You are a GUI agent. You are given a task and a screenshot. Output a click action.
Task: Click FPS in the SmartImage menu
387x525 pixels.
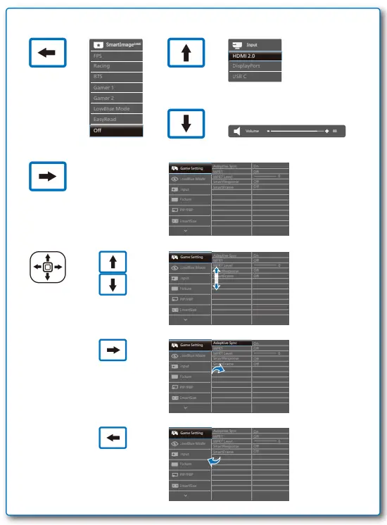(117, 54)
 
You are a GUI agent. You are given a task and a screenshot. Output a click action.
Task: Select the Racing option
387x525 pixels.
(117, 65)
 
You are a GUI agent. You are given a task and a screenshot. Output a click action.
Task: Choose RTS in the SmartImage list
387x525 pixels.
(117, 76)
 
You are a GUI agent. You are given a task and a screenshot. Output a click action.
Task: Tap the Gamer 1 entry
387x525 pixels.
(117, 87)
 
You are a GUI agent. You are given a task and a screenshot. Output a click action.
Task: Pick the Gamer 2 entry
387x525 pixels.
(117, 98)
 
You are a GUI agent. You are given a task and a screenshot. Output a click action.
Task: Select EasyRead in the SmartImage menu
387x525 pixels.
(117, 120)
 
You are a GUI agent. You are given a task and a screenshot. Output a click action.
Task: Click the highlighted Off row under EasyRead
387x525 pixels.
(117, 130)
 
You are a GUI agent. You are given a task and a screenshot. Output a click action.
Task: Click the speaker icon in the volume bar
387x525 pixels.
(236, 131)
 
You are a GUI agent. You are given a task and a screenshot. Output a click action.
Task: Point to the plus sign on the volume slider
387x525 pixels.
(327, 131)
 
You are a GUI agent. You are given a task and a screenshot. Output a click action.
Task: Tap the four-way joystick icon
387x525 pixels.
(47, 267)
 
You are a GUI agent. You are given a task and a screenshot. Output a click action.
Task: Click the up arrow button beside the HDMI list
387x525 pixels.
(186, 54)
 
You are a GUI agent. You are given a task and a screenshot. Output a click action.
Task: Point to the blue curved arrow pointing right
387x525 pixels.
(220, 369)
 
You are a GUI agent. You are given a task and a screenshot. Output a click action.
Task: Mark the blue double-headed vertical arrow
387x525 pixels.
(217, 278)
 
